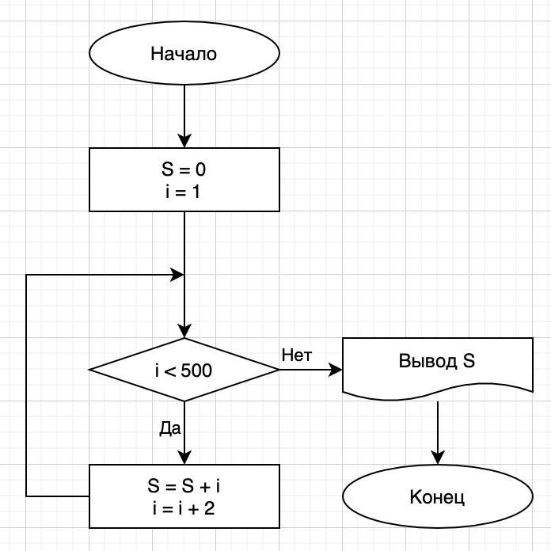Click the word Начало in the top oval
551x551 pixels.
click(x=184, y=54)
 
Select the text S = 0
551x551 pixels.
click(x=184, y=169)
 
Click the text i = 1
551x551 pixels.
click(x=184, y=190)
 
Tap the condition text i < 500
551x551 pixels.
click(x=184, y=370)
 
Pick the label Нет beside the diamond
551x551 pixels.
click(x=297, y=355)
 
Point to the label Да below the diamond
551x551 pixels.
click(x=170, y=428)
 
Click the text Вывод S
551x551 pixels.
click(x=437, y=362)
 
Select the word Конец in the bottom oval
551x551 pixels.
click(x=437, y=497)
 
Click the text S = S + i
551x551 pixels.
click(x=184, y=485)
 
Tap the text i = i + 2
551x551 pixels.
click(x=184, y=507)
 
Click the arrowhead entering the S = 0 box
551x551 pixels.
click(x=184, y=142)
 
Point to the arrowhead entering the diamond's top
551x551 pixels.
click(x=184, y=332)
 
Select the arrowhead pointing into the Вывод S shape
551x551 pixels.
click(x=336, y=370)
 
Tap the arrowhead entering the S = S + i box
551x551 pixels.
click(x=184, y=458)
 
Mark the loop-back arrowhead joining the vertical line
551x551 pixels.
click(x=177, y=275)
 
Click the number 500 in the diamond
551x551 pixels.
click(x=196, y=370)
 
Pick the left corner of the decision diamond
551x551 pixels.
click(x=90, y=370)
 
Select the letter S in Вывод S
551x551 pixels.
click(x=469, y=362)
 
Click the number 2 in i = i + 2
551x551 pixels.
click(x=209, y=507)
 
